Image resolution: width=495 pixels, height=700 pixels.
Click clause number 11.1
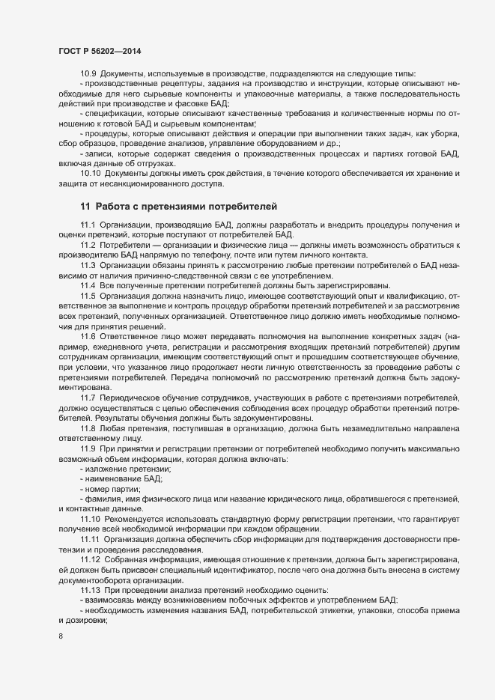point(88,225)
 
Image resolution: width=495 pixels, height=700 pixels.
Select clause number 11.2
point(88,246)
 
